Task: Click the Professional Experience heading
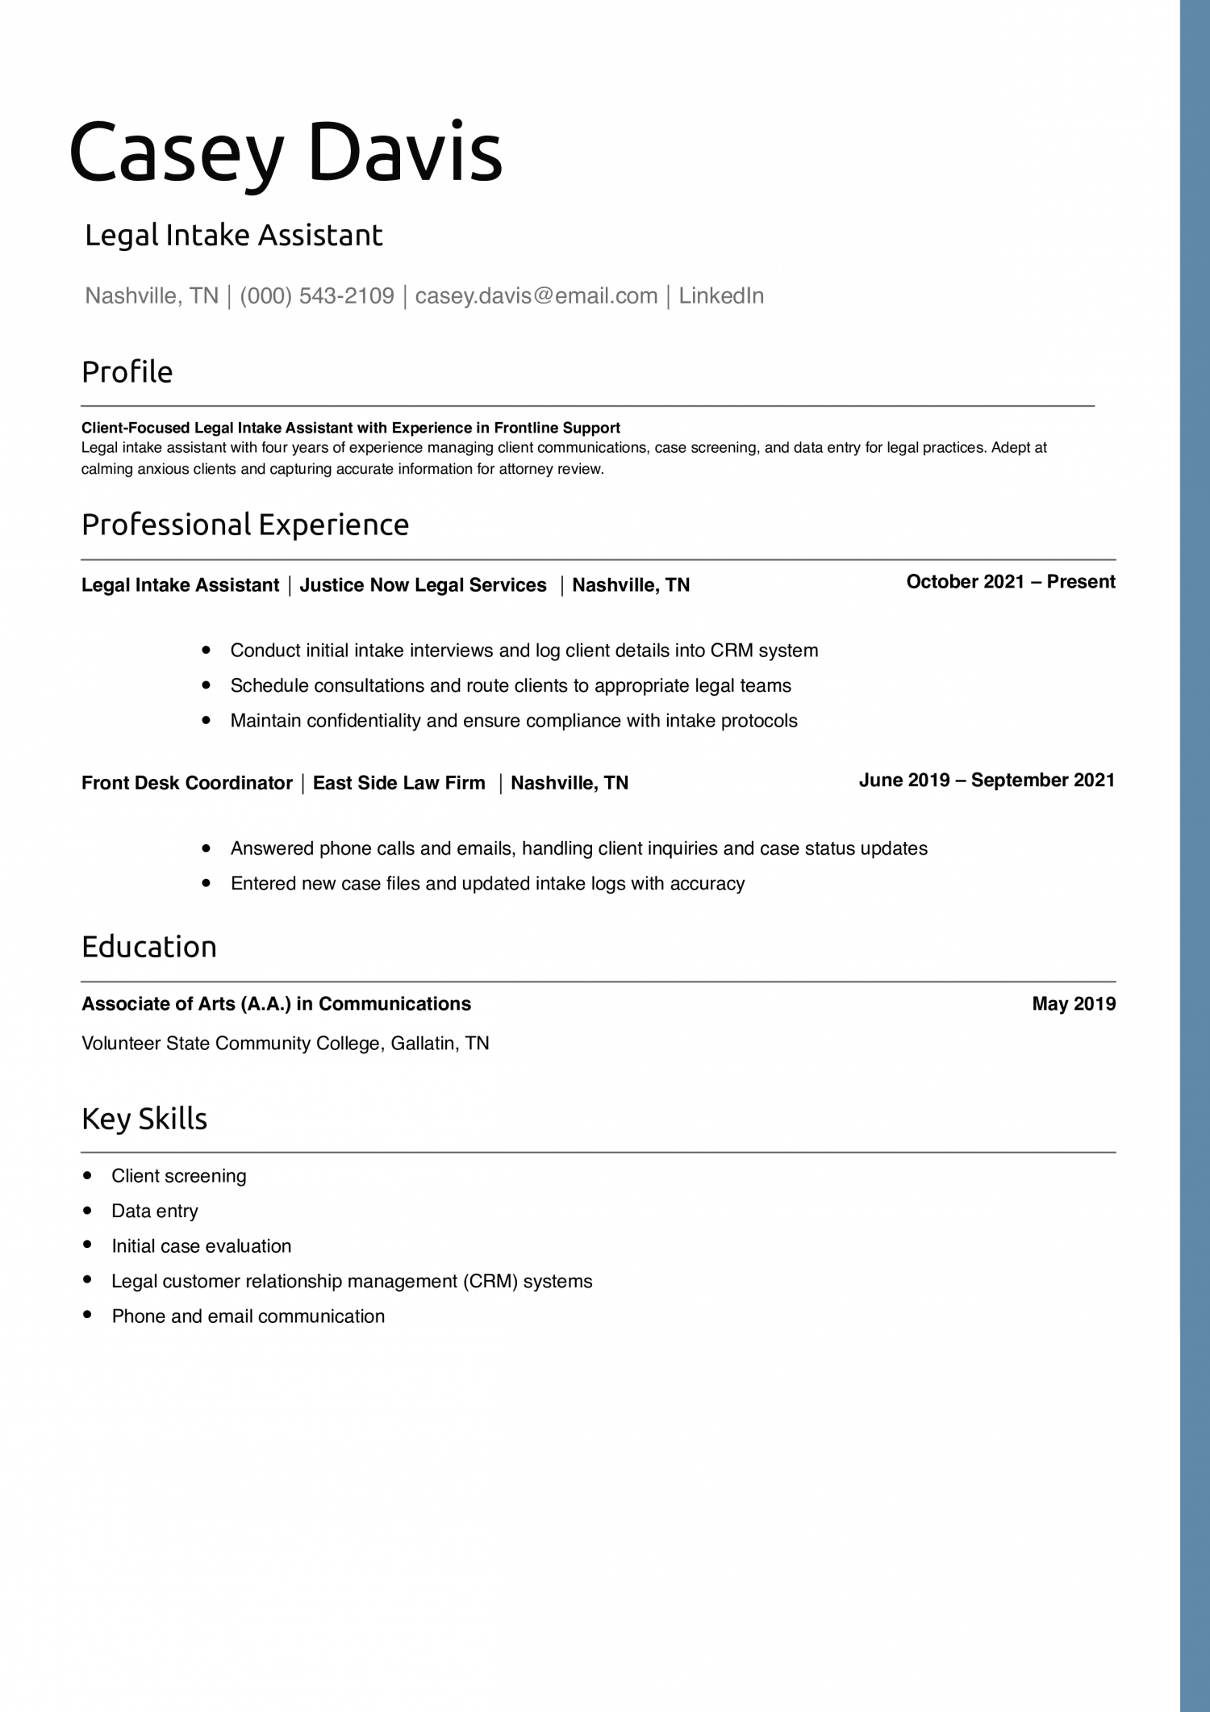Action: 245,525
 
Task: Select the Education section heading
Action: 149,947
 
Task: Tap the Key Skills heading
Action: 144,1119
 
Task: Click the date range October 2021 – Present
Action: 1010,582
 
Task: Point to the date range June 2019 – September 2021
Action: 987,780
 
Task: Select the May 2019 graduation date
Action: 1074,1004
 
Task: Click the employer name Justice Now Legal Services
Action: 423,585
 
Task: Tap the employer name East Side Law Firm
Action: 398,783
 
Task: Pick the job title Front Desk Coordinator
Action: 186,783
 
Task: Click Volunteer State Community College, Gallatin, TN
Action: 286,1044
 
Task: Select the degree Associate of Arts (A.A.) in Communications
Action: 276,1004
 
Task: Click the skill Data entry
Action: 154,1211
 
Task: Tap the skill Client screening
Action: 178,1176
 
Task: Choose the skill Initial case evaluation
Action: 201,1246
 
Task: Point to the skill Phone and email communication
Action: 248,1316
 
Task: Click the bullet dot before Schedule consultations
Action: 207,685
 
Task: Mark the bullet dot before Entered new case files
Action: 207,883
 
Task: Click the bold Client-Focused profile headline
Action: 350,428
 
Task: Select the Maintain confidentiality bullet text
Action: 513,721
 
